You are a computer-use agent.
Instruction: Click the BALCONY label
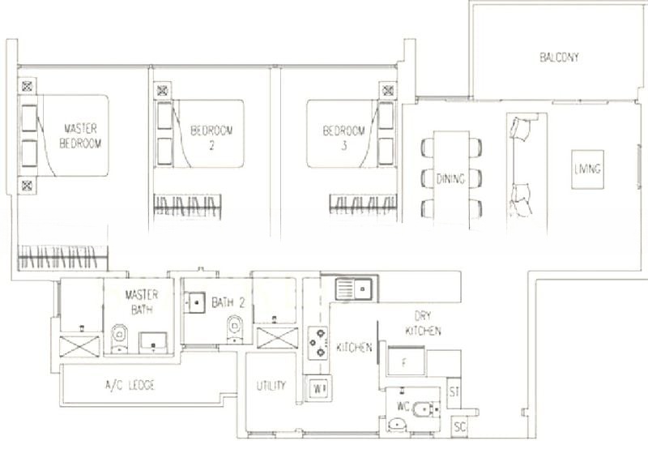[559, 57]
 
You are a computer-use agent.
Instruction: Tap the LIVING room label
[587, 169]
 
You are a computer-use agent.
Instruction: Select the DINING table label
[450, 178]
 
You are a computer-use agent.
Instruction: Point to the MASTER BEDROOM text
[80, 135]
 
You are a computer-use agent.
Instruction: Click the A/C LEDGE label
[130, 386]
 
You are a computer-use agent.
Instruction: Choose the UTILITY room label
[271, 386]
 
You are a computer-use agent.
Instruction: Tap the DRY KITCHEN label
[423, 323]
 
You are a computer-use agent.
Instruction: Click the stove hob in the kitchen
[318, 343]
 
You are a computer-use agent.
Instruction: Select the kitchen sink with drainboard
[354, 289]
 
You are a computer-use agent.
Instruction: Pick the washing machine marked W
[318, 389]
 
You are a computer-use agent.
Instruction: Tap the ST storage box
[454, 391]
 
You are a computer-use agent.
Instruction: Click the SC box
[459, 426]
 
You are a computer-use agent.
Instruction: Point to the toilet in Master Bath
[119, 337]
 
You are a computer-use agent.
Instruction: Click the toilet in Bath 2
[235, 329]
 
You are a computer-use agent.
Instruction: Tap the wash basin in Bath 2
[197, 303]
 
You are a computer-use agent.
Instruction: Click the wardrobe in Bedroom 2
[187, 207]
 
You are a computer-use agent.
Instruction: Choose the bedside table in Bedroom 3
[388, 90]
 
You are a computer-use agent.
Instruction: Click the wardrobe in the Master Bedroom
[63, 258]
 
